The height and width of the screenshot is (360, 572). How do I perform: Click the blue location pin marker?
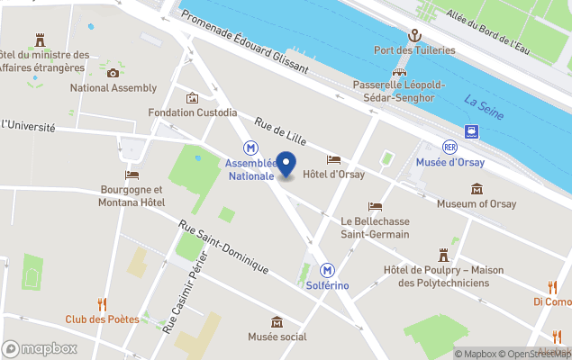click(x=286, y=166)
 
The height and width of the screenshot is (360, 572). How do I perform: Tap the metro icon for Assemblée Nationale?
click(x=250, y=148)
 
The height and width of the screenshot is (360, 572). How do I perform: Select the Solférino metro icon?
click(x=328, y=269)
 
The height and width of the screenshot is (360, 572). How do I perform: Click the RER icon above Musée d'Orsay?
click(x=449, y=147)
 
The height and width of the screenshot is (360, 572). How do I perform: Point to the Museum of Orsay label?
click(x=476, y=204)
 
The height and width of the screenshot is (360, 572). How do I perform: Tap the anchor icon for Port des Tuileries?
click(x=414, y=35)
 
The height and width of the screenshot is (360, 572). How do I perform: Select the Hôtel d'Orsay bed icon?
click(x=333, y=159)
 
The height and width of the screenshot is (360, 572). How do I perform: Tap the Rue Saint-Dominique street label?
click(x=223, y=247)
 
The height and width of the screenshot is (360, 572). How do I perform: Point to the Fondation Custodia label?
click(x=193, y=113)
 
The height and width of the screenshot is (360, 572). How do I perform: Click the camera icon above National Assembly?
click(x=113, y=73)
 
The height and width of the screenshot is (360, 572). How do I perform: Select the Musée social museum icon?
click(x=277, y=322)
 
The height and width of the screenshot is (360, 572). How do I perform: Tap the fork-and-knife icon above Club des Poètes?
click(x=102, y=304)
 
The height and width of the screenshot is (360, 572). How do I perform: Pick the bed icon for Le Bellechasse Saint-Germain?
click(x=375, y=206)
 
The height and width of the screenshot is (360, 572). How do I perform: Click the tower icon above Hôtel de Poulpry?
click(x=442, y=256)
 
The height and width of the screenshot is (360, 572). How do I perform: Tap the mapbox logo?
click(x=40, y=348)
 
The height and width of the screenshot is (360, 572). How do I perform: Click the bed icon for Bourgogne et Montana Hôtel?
click(x=132, y=175)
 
